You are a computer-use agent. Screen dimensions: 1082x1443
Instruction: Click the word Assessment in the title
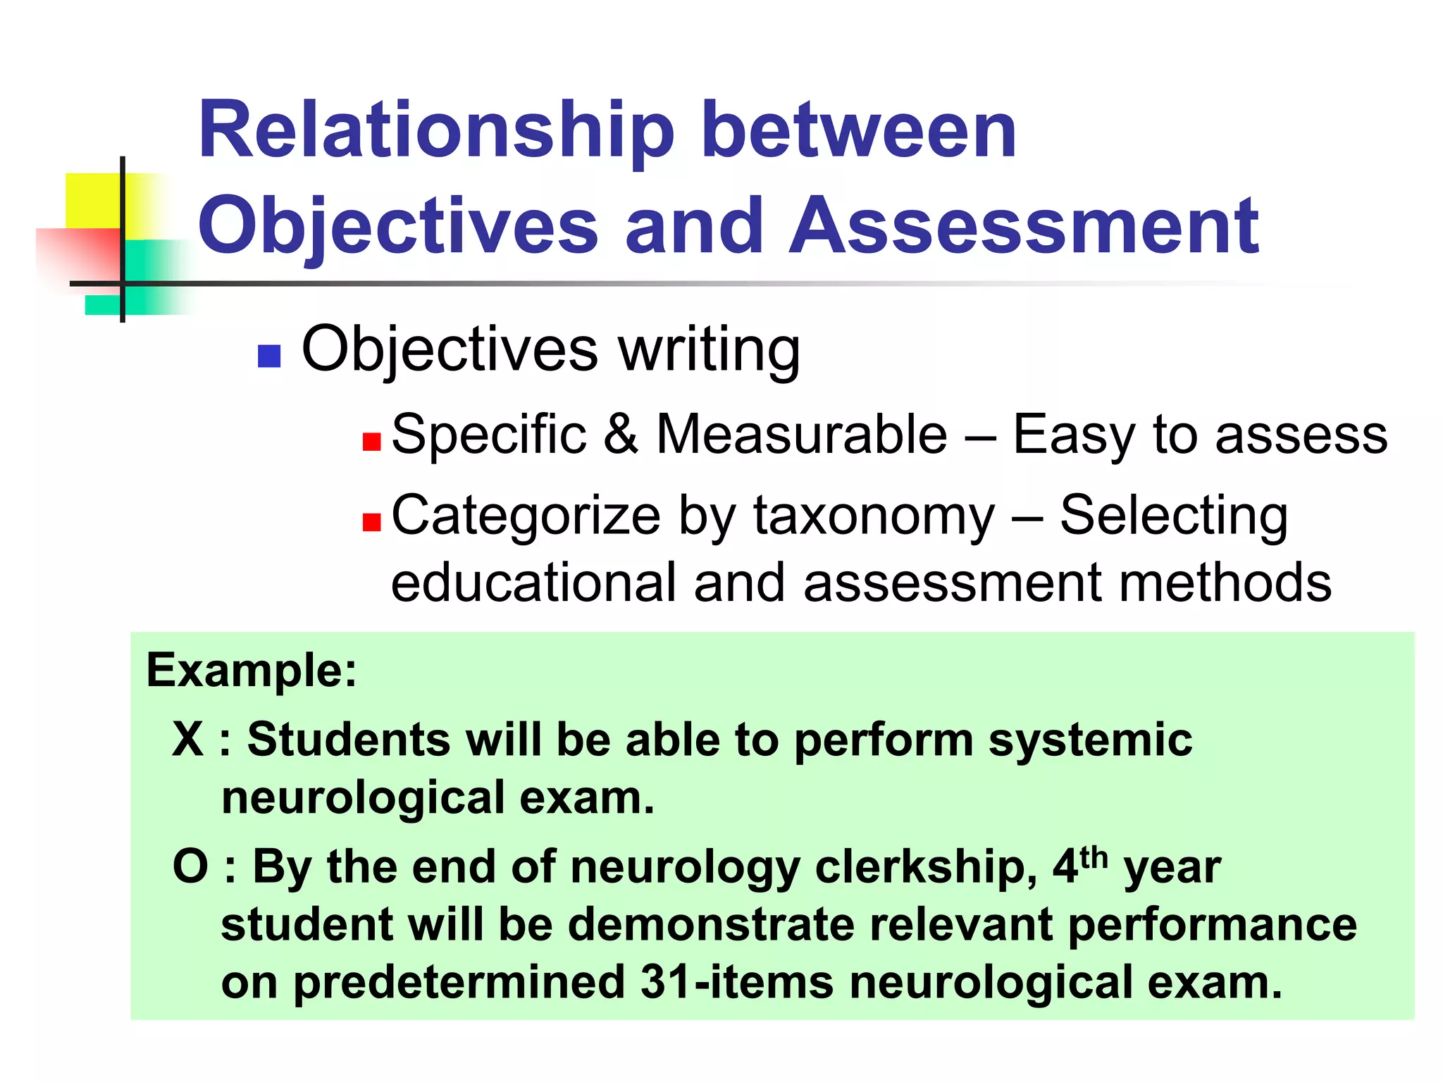pyautogui.click(x=1024, y=226)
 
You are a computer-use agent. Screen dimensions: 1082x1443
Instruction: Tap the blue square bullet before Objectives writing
pyautogui.click(x=269, y=356)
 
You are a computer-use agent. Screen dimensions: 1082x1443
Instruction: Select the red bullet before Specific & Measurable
pyautogui.click(x=371, y=442)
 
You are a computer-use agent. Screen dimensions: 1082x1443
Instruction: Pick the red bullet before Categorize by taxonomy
pyautogui.click(x=371, y=522)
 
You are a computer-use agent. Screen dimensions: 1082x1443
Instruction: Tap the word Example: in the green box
pyautogui.click(x=252, y=670)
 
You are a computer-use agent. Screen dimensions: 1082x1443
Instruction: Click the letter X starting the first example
pyautogui.click(x=188, y=739)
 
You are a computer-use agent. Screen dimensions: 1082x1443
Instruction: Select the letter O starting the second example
pyautogui.click(x=190, y=866)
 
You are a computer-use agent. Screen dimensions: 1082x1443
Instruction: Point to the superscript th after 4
pyautogui.click(x=1094, y=857)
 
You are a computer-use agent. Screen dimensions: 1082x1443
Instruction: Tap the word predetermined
pyautogui.click(x=459, y=983)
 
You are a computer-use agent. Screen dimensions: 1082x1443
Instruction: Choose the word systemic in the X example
pyautogui.click(x=1090, y=740)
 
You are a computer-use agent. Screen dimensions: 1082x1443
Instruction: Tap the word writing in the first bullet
pyautogui.click(x=709, y=350)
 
